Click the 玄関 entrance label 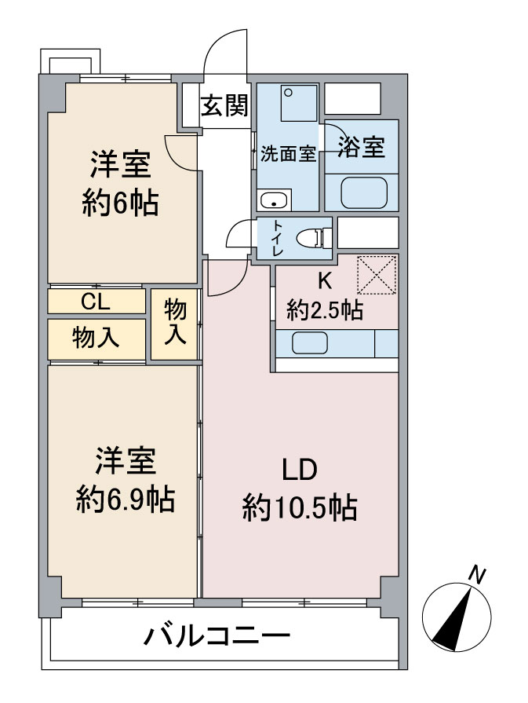tap(224, 105)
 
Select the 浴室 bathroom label tap(362, 147)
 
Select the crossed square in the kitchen tap(377, 275)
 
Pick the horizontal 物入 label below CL tap(96, 338)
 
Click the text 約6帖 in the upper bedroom tap(120, 203)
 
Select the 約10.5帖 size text tap(300, 508)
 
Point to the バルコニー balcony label tap(218, 635)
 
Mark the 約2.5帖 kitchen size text tap(325, 310)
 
